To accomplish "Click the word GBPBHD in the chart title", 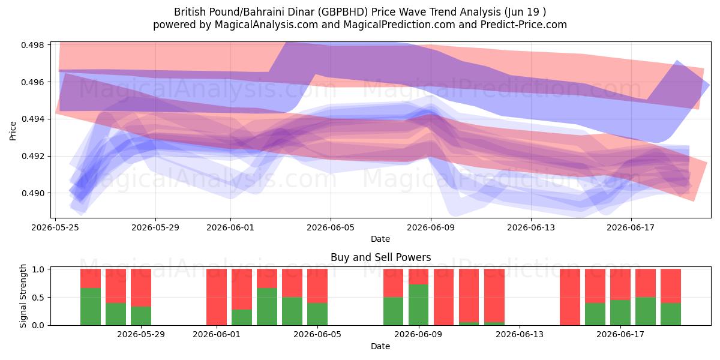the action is pyautogui.click(x=344, y=12).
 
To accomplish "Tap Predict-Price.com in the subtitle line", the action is pyautogui.click(x=524, y=25).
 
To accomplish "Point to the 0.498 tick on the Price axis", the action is pyautogui.click(x=32, y=45).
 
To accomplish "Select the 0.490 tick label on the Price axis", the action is pyautogui.click(x=32, y=193).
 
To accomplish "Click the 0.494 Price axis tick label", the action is pyautogui.click(x=32, y=119).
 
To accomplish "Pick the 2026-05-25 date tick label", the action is pyautogui.click(x=55, y=227).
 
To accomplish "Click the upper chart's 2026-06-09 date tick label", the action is pyautogui.click(x=431, y=227).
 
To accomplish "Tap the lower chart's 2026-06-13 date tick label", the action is pyautogui.click(x=520, y=335).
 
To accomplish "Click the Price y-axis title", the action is pyautogui.click(x=13, y=131).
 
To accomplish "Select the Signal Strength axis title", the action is pyautogui.click(x=23, y=296).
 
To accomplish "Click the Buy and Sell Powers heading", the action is pyautogui.click(x=380, y=257).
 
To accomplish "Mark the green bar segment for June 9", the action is pyautogui.click(x=419, y=305).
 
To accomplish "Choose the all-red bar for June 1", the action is pyautogui.click(x=217, y=297).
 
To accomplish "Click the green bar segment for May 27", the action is pyautogui.click(x=116, y=314).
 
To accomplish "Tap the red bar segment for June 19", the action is pyautogui.click(x=671, y=286).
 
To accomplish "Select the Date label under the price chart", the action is pyautogui.click(x=380, y=239).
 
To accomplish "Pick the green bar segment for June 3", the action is pyautogui.click(x=267, y=307).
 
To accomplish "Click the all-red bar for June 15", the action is pyautogui.click(x=570, y=297).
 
